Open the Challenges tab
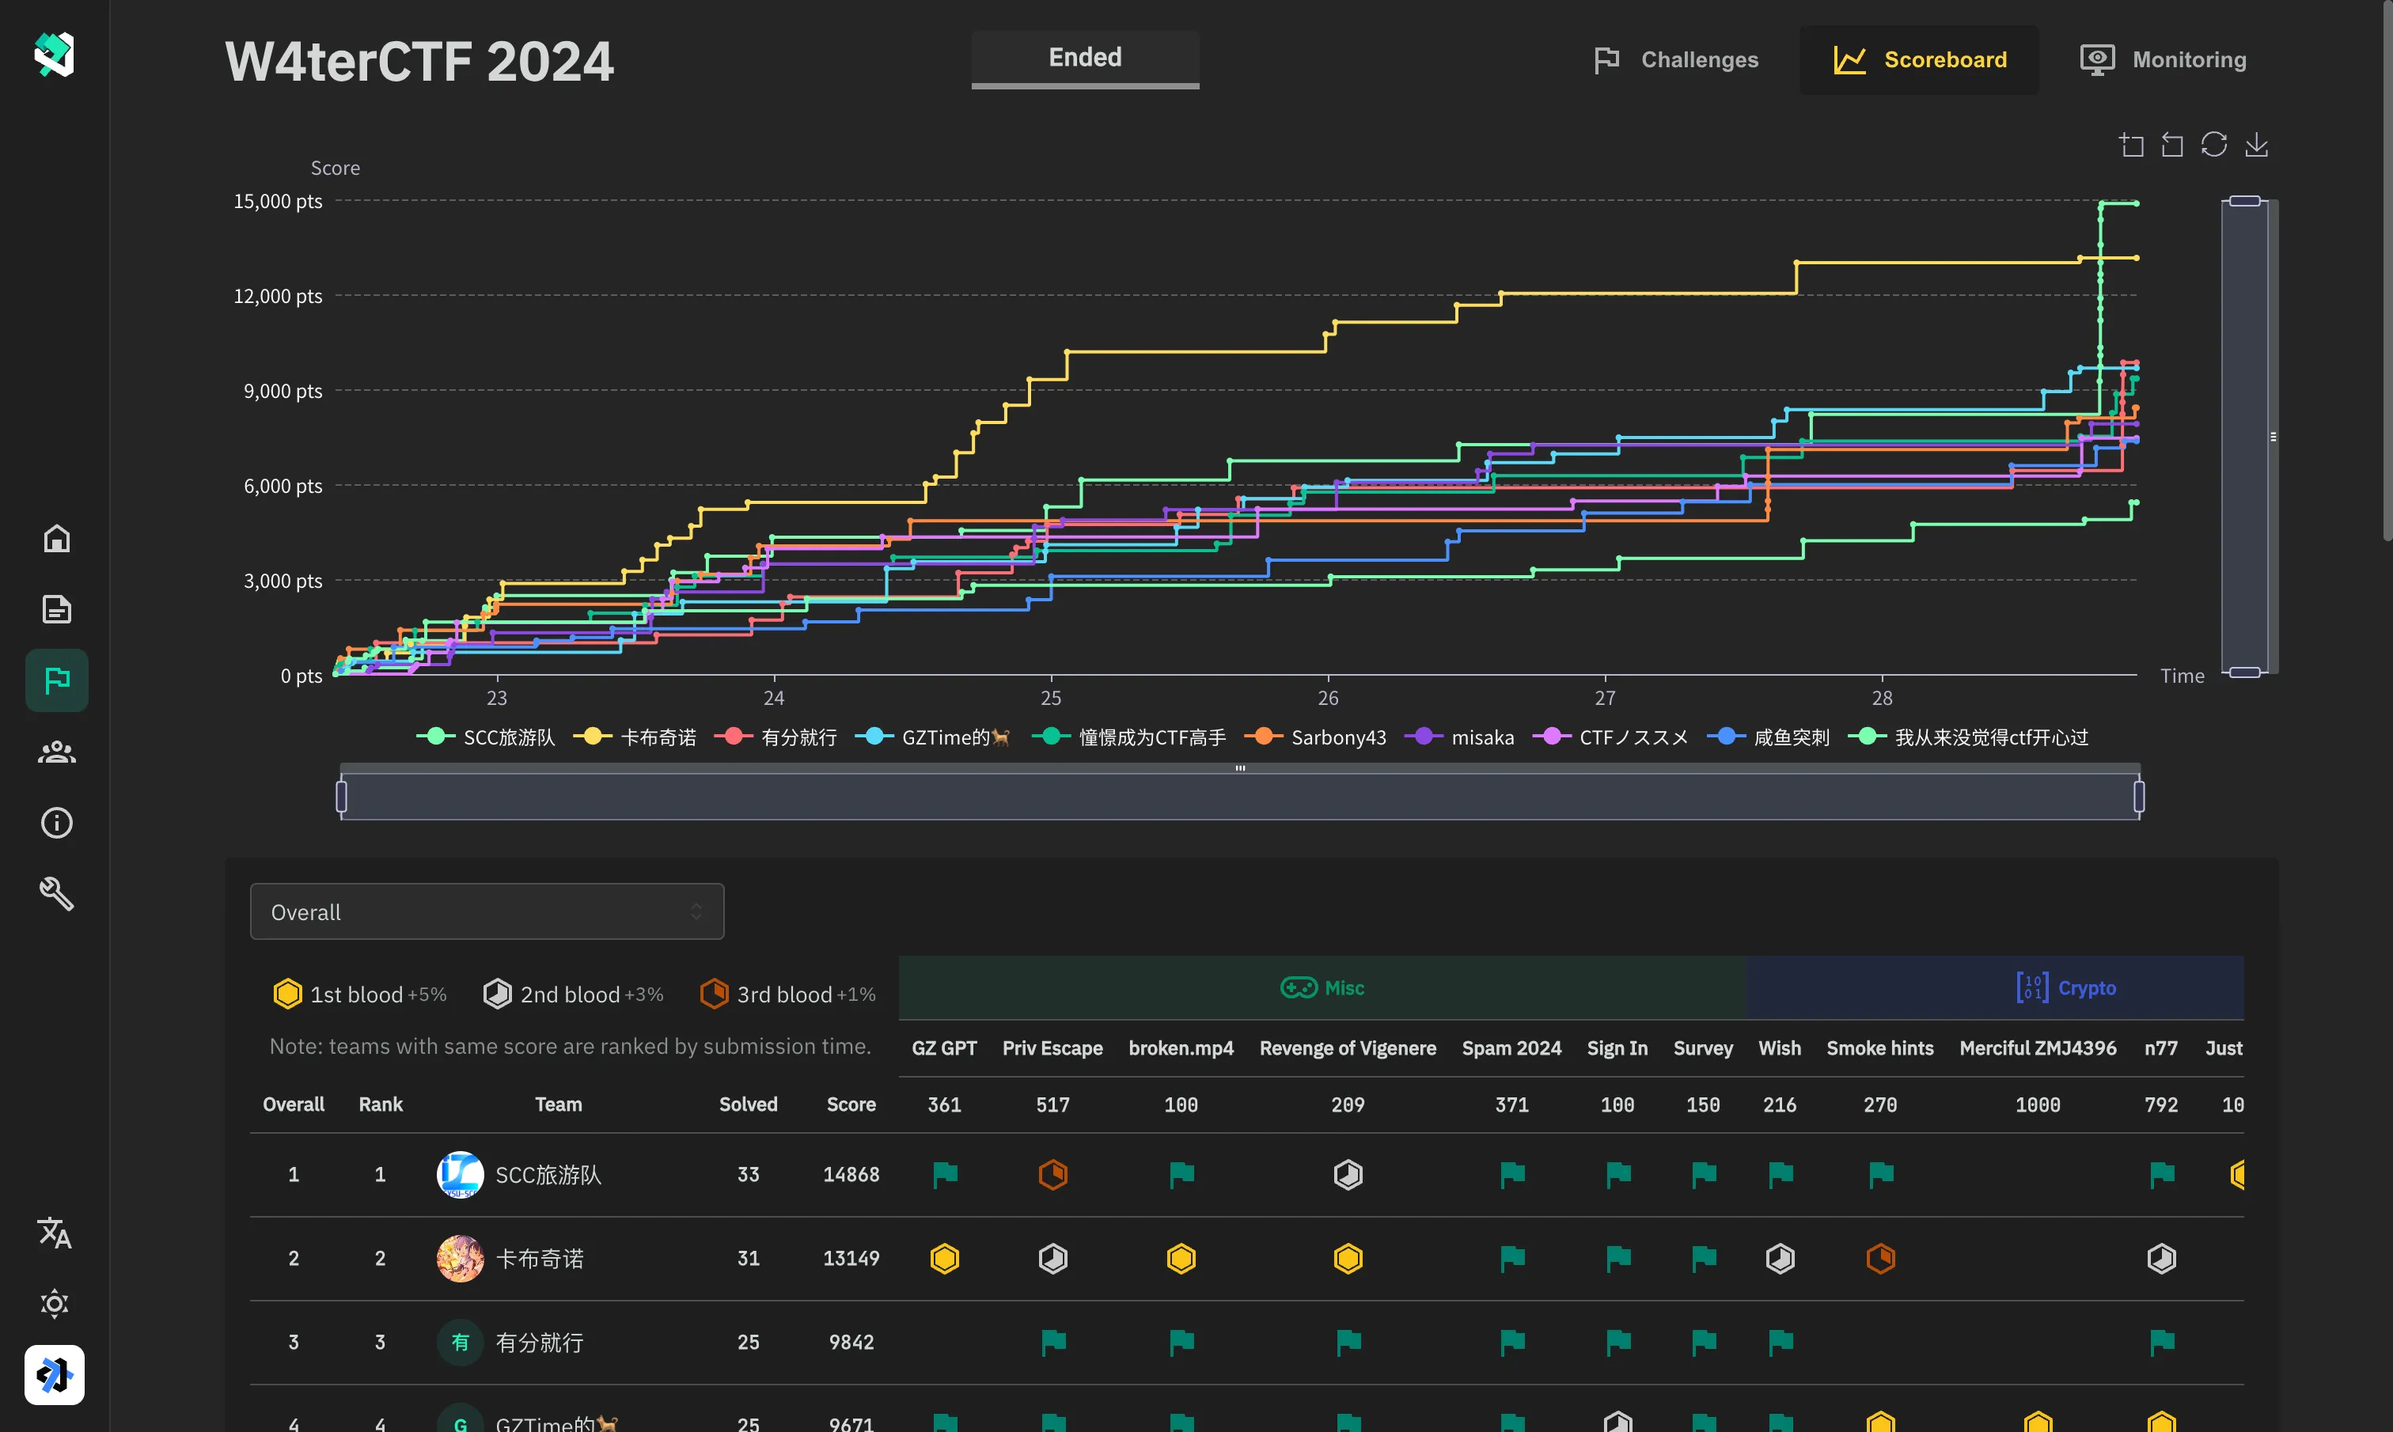click(x=1676, y=60)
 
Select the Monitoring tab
click(x=2164, y=60)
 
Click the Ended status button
click(x=1085, y=58)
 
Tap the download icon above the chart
click(x=2256, y=145)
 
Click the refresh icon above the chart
click(x=2213, y=145)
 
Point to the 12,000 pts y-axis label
click(x=278, y=296)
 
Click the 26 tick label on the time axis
click(x=1328, y=698)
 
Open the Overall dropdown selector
click(x=487, y=912)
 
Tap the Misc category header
click(x=1322, y=988)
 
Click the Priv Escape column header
click(x=1052, y=1048)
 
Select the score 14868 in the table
click(x=850, y=1174)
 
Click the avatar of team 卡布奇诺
click(x=461, y=1258)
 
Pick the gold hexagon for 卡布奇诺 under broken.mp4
click(x=1181, y=1258)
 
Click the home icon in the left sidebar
click(x=57, y=539)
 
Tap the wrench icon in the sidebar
click(x=57, y=893)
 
